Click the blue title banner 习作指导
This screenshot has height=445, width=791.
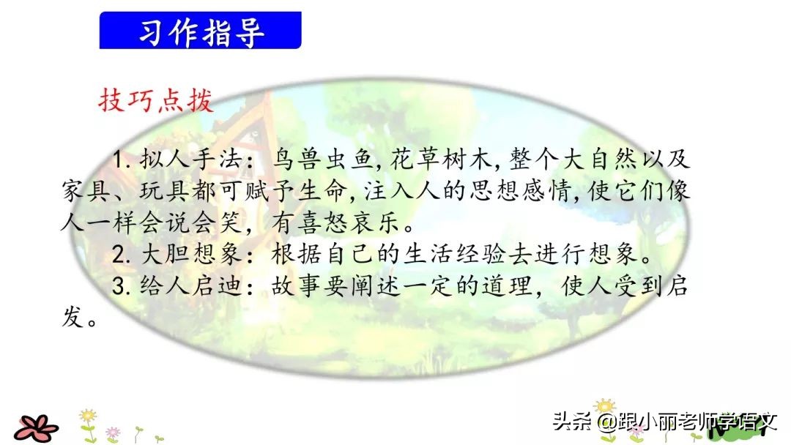point(200,30)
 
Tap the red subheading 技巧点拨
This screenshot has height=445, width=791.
point(156,100)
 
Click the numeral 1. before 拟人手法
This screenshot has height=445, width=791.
point(119,159)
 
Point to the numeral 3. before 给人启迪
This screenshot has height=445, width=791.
point(120,285)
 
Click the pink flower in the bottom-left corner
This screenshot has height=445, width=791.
point(36,426)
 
